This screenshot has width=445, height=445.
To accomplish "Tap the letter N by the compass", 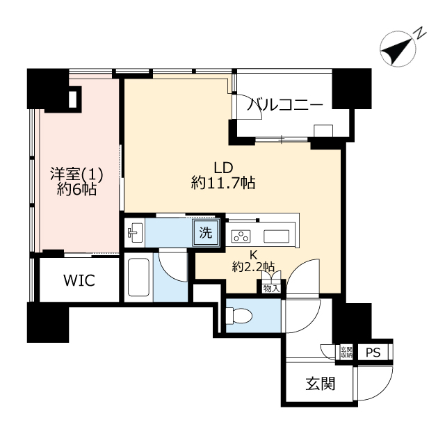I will [x=420, y=33].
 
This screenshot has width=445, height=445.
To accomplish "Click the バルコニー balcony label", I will [x=286, y=106].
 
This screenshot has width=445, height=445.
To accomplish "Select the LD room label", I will [x=222, y=168].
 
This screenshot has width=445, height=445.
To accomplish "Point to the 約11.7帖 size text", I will [x=222, y=184].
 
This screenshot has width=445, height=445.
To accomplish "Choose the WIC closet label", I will [x=79, y=281].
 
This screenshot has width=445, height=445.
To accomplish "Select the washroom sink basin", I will [x=136, y=233].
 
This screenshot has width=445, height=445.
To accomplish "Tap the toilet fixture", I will [x=236, y=316].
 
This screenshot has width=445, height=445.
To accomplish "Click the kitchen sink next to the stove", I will [x=278, y=234].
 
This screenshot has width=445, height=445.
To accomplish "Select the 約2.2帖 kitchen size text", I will [x=252, y=267].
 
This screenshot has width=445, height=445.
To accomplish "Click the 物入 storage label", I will [x=271, y=287].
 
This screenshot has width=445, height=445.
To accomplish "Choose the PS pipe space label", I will [x=373, y=353].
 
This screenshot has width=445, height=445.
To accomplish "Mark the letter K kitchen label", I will [x=253, y=254].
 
